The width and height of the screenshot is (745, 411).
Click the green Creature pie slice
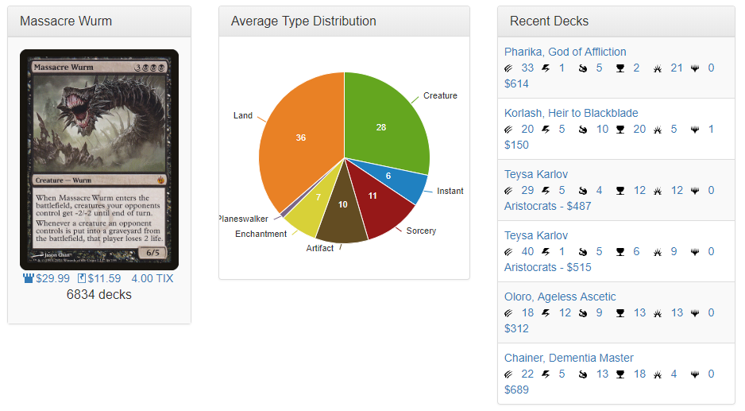pyautogui.click(x=385, y=123)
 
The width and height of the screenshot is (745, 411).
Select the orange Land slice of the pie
pyautogui.click(x=298, y=143)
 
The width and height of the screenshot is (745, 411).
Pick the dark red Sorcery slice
pyautogui.click(x=378, y=199)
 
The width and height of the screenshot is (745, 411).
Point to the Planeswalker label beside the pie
pyautogui.click(x=243, y=219)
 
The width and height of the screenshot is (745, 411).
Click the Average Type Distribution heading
pyautogui.click(x=303, y=21)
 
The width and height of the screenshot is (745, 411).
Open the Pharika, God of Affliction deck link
pyautogui.click(x=565, y=52)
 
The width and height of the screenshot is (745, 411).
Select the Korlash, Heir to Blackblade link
pyautogui.click(x=571, y=113)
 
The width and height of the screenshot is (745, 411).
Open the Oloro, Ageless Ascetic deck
pyautogui.click(x=560, y=297)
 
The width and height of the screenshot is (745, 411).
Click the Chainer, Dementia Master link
pyautogui.click(x=569, y=358)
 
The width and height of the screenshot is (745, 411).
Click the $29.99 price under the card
pyautogui.click(x=52, y=278)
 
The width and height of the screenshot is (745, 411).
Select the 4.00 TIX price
pyautogui.click(x=152, y=278)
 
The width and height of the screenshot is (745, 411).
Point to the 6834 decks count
pyautogui.click(x=99, y=295)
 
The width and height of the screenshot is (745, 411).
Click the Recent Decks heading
pyautogui.click(x=549, y=21)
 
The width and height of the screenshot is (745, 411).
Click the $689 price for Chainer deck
pyautogui.click(x=516, y=390)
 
